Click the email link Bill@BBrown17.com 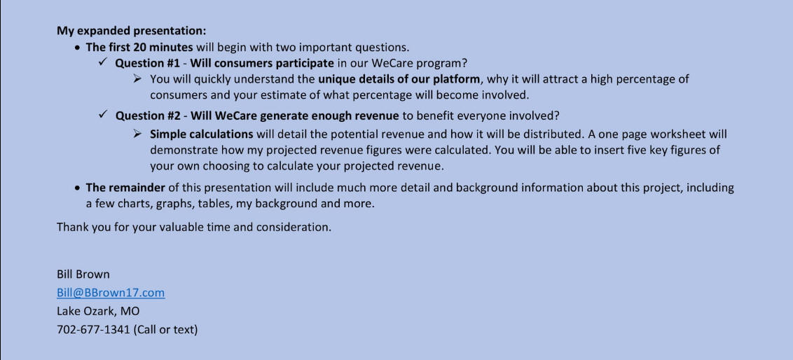coord(111,293)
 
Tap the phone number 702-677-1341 coord(94,330)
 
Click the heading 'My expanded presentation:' coord(132,31)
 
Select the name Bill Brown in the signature coord(83,275)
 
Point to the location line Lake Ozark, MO coord(98,312)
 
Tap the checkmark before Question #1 coord(103,63)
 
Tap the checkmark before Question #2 coord(103,115)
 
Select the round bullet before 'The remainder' coord(77,188)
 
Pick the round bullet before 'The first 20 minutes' coord(77,48)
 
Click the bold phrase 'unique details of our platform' coord(399,79)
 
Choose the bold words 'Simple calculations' coord(202,134)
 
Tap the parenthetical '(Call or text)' coord(166,330)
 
